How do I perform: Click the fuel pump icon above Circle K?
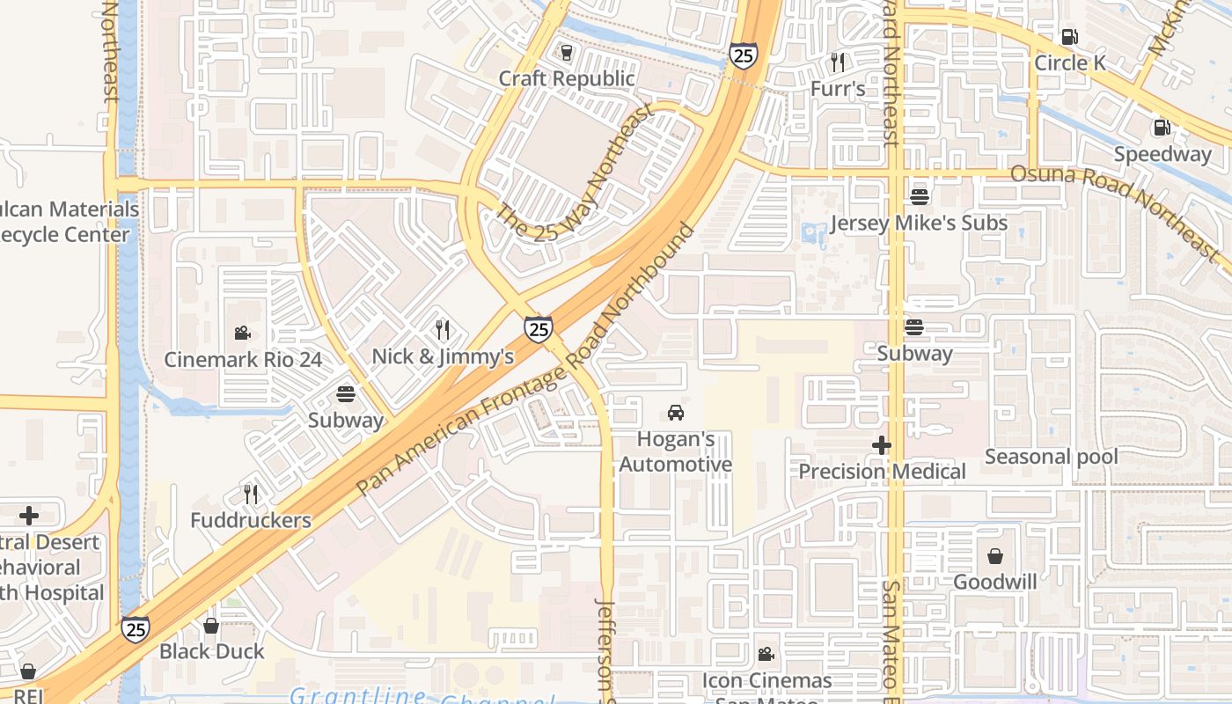pos(1069,37)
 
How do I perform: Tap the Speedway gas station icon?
pos(1162,128)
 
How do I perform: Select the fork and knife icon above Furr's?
pos(838,62)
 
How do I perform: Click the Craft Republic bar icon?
pos(566,53)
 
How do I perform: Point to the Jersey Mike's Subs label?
pos(918,223)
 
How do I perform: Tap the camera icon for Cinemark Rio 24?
pos(242,334)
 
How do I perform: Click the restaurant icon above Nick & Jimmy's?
pos(443,330)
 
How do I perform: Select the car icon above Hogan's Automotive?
pos(675,413)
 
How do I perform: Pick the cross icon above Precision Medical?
pos(882,446)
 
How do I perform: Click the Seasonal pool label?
pos(1051,457)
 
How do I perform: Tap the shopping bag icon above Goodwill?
pos(995,556)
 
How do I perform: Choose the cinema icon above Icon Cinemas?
pos(766,655)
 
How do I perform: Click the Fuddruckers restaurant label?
pos(251,520)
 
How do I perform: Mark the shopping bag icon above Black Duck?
pos(211,626)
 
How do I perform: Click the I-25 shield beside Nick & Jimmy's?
pos(539,329)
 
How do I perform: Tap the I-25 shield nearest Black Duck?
pos(135,629)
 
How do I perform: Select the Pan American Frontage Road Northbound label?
pos(526,361)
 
